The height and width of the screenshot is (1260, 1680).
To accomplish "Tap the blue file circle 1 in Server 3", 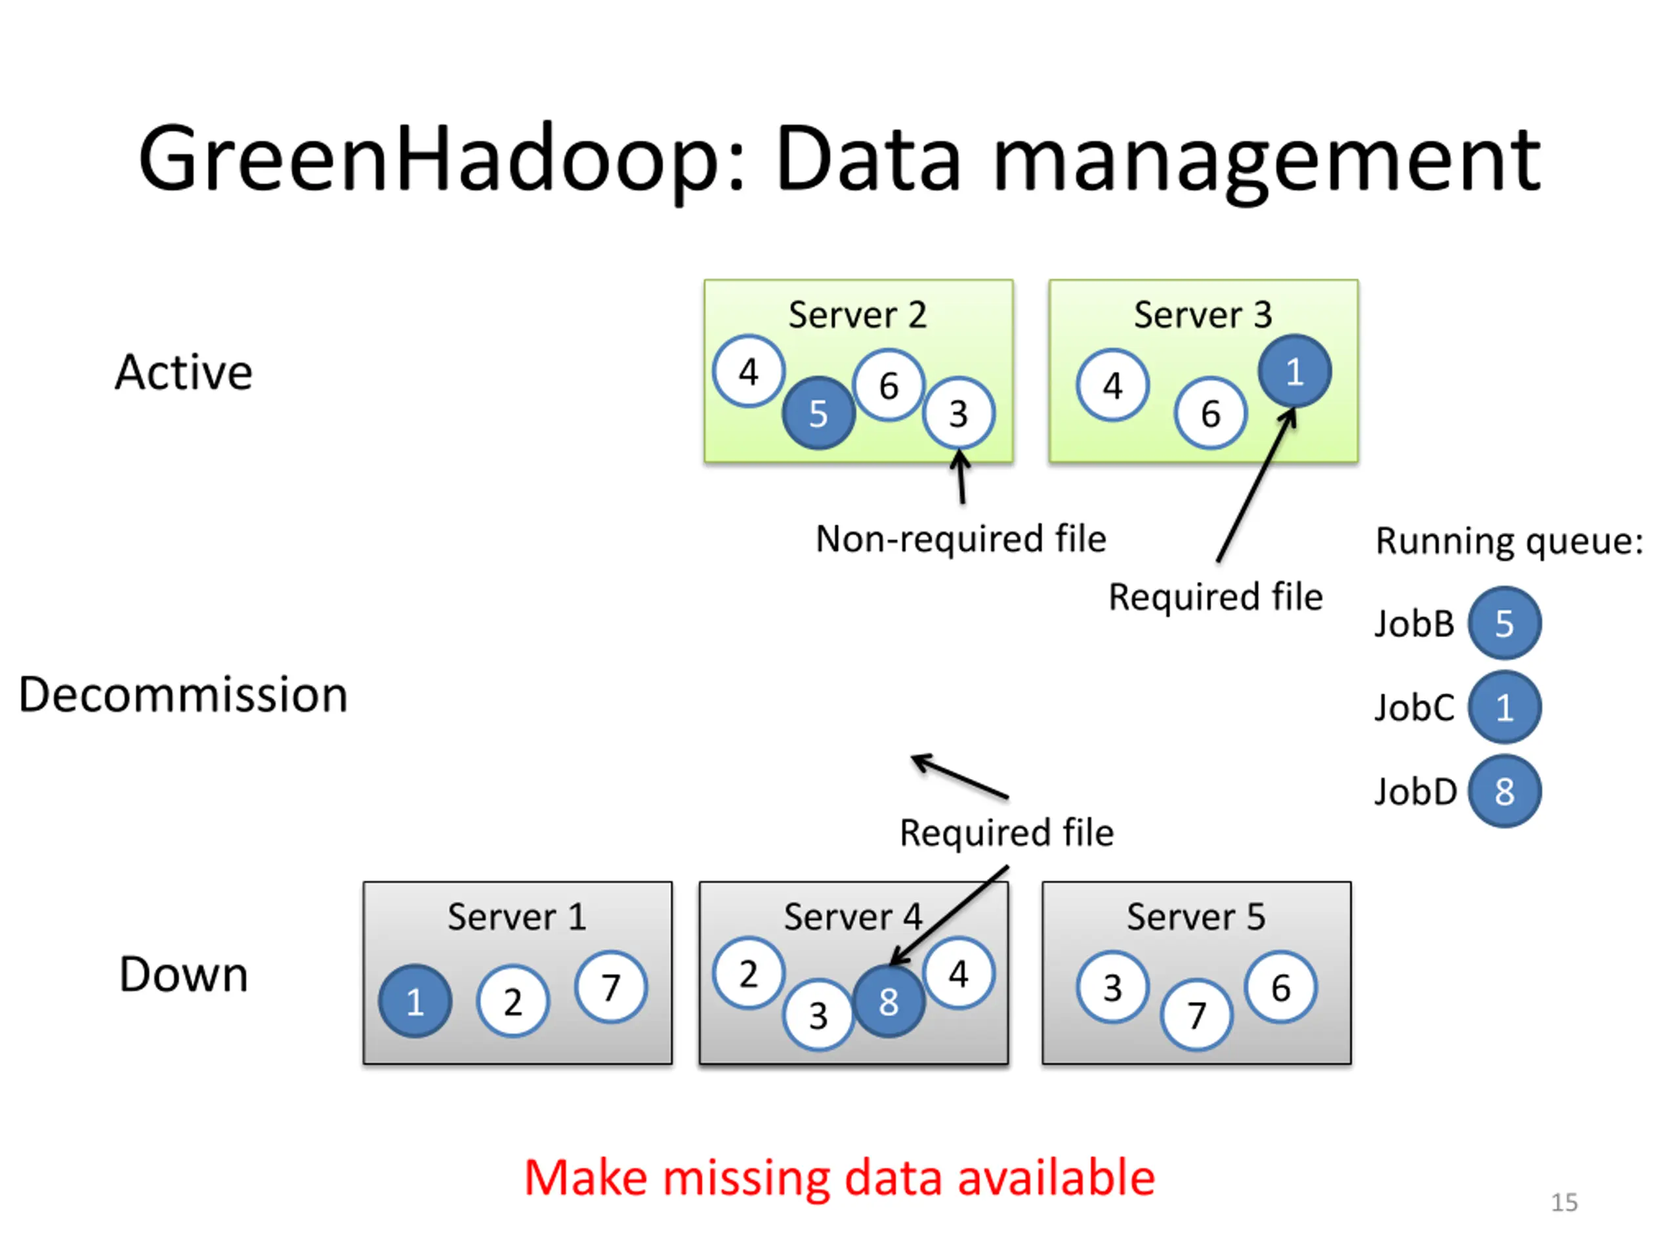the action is click(x=1294, y=371).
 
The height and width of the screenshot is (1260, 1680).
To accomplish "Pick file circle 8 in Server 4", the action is click(x=889, y=1001).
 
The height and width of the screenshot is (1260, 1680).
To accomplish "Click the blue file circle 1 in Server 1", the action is click(x=415, y=1001).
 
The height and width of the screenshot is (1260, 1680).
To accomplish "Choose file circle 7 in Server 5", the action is click(x=1196, y=1015).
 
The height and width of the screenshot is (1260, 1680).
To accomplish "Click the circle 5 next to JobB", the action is click(x=1505, y=623).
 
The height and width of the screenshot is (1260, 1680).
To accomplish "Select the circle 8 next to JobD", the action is click(x=1505, y=791).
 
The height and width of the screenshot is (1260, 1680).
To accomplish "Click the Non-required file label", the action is click(x=961, y=539).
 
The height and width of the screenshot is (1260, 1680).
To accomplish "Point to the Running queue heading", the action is click(x=1509, y=541).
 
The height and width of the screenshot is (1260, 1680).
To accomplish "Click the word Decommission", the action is click(x=183, y=694).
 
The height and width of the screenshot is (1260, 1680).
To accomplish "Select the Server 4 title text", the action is click(x=853, y=917).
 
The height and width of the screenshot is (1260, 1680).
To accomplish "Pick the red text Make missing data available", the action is click(x=839, y=1178).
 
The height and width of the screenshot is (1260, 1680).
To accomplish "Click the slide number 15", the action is click(x=1564, y=1202).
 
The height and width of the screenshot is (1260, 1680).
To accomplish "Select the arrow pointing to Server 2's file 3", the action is click(x=961, y=476).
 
